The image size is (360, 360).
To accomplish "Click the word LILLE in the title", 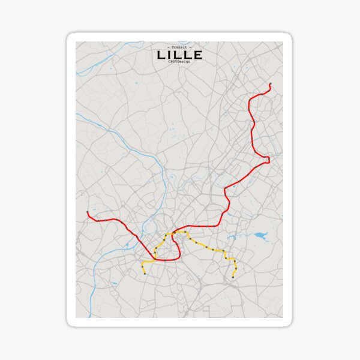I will [x=179, y=55].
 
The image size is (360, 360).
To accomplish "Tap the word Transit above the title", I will [x=179, y=47].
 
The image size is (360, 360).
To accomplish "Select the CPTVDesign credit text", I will [x=179, y=62].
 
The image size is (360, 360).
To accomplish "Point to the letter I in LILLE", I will [x=170, y=55].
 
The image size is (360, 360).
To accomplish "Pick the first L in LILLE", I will [x=161, y=55].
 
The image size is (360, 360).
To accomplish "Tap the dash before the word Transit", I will [x=169, y=47].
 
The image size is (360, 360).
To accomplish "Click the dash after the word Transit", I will [x=190, y=47].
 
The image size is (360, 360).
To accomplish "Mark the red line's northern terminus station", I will [x=271, y=84].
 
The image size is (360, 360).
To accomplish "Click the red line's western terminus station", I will [x=88, y=212].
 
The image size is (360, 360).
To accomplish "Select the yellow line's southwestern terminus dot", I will [x=145, y=274].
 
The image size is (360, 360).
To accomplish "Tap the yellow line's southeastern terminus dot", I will [x=233, y=277].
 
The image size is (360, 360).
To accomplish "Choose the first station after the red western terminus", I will [x=97, y=220].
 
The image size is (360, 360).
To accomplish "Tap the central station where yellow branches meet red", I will [x=173, y=232].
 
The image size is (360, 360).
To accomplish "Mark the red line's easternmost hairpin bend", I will [x=268, y=159].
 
